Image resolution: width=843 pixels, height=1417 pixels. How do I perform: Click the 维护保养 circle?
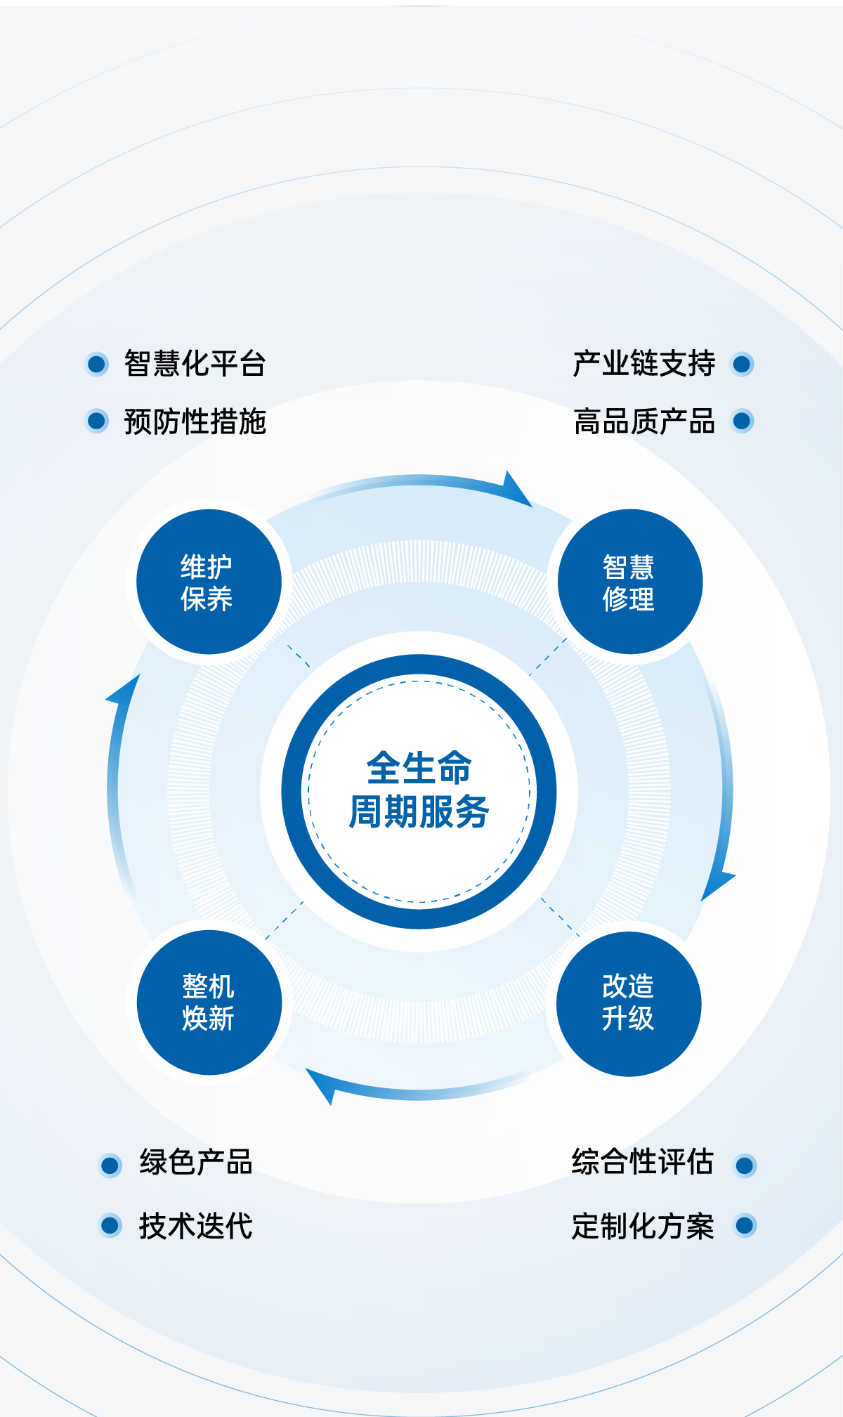209,582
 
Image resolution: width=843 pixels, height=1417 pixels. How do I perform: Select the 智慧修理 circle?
630,582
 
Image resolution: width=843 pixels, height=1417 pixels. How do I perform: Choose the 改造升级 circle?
629,1003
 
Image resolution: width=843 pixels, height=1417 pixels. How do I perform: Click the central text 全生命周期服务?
419,790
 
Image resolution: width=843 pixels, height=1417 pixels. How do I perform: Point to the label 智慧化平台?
195,364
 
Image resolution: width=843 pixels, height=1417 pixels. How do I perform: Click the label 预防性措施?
195,422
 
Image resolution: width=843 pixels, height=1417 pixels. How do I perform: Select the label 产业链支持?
643,364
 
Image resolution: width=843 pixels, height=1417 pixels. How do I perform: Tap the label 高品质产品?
643,422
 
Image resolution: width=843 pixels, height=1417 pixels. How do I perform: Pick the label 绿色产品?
195,1163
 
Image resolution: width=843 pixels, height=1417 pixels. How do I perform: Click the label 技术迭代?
195,1226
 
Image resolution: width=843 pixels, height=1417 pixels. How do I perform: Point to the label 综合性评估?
642,1163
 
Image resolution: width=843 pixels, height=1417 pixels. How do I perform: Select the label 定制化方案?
642,1226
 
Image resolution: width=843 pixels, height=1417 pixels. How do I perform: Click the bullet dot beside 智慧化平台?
97,364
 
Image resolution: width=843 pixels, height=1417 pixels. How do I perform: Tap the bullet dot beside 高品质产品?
742,421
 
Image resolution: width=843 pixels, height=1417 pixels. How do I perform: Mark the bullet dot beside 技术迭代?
110,1225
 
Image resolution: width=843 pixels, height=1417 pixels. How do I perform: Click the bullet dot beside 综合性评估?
745,1165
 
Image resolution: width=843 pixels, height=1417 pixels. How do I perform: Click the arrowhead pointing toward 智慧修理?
516,490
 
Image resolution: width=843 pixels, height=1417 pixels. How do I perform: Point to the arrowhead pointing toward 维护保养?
125,691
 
